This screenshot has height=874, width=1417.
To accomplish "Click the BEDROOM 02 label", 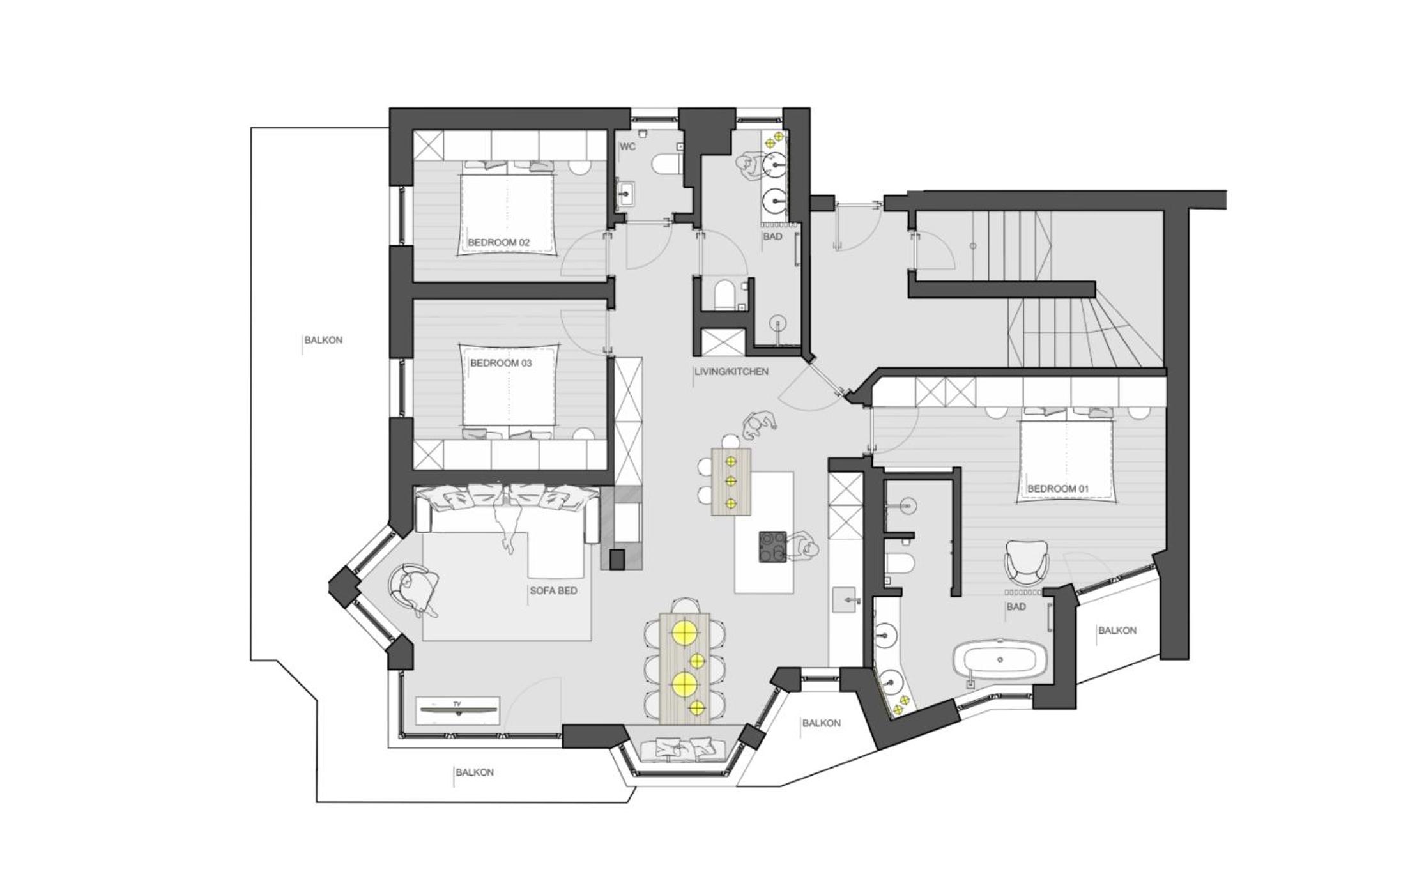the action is [x=499, y=243].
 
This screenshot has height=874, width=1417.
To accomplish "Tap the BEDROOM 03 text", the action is [x=501, y=363].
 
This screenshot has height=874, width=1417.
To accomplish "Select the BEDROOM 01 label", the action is [x=1058, y=489].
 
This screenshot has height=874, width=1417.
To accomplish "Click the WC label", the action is [x=627, y=146].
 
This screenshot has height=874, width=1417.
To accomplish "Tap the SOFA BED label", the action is [x=553, y=591].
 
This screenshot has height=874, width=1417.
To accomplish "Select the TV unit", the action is [x=457, y=710].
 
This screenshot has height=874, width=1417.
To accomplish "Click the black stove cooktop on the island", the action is [x=773, y=547].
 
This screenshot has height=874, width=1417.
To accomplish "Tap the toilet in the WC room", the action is [x=667, y=164].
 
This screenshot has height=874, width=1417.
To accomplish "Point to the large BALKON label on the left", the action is [x=323, y=340].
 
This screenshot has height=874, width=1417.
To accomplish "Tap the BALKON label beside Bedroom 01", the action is [x=1117, y=631].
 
